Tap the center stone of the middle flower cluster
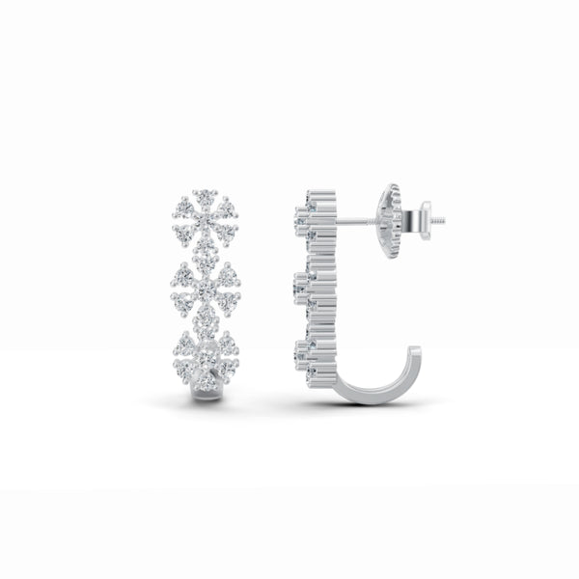(205, 289)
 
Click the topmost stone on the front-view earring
(204, 193)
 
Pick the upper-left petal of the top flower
(183, 207)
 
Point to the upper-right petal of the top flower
(226, 207)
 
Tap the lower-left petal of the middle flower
(184, 303)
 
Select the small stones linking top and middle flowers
(205, 254)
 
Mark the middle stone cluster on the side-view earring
(307, 286)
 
